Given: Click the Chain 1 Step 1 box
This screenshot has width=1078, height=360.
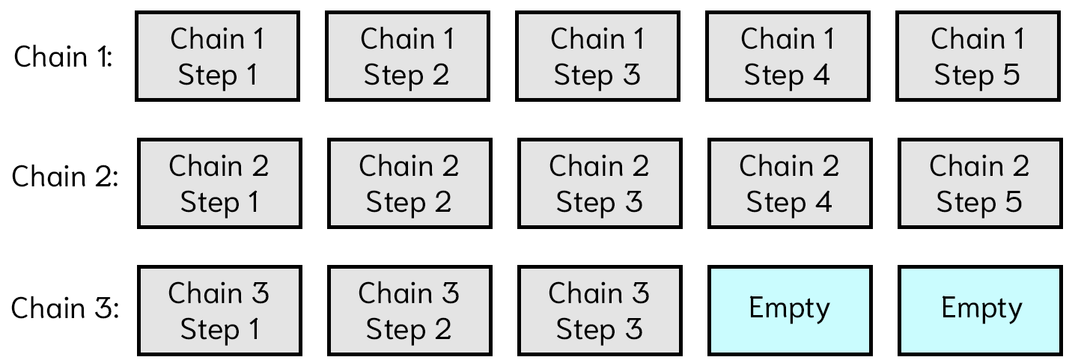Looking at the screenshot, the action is pos(218,56).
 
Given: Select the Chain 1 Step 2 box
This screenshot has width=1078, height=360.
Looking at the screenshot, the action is pos(407,56).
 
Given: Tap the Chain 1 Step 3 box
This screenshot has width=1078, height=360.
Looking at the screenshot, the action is pos(597,56).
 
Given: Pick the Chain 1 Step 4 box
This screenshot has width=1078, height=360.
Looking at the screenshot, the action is pos(788,56).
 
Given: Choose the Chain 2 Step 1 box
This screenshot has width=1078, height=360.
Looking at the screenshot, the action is pos(219,183).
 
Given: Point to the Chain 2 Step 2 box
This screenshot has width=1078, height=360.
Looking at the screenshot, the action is pos(409,183).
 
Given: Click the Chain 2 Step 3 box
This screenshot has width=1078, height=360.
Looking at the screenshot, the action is pos(600,183).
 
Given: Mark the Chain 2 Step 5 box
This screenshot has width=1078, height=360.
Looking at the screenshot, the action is pos(980,183).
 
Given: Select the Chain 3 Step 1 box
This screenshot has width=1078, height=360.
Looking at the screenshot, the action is pos(219,311).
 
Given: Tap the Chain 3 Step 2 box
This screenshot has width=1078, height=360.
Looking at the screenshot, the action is pos(409,311).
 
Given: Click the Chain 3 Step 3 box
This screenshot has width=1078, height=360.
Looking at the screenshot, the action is pos(600,311).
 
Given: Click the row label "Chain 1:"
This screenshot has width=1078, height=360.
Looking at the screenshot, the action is pos(63,57).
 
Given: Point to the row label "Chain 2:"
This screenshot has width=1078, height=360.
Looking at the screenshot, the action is pos(65,177).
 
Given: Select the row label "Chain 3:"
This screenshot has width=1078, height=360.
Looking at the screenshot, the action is pos(65,308).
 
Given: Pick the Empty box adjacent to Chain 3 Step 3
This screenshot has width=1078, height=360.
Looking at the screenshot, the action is pos(790,311).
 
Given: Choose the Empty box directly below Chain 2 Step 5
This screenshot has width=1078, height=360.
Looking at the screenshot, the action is pos(980,311).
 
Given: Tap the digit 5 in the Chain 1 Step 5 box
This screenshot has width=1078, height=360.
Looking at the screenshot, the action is pos(1011,75).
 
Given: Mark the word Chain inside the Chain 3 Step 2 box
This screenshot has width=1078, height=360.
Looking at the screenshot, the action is pos(395,293).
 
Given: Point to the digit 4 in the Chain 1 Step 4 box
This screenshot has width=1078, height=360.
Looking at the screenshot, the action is pos(820,75).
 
